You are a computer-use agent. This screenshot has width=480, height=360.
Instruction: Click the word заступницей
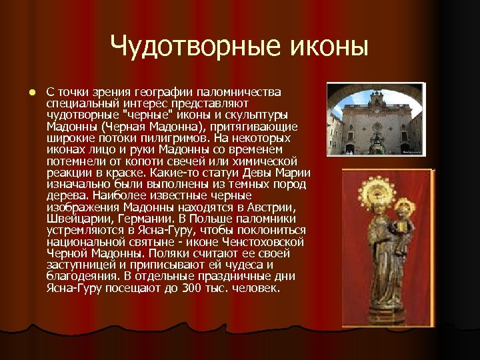(79, 266)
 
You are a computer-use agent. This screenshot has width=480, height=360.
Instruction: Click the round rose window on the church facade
(377, 127)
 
